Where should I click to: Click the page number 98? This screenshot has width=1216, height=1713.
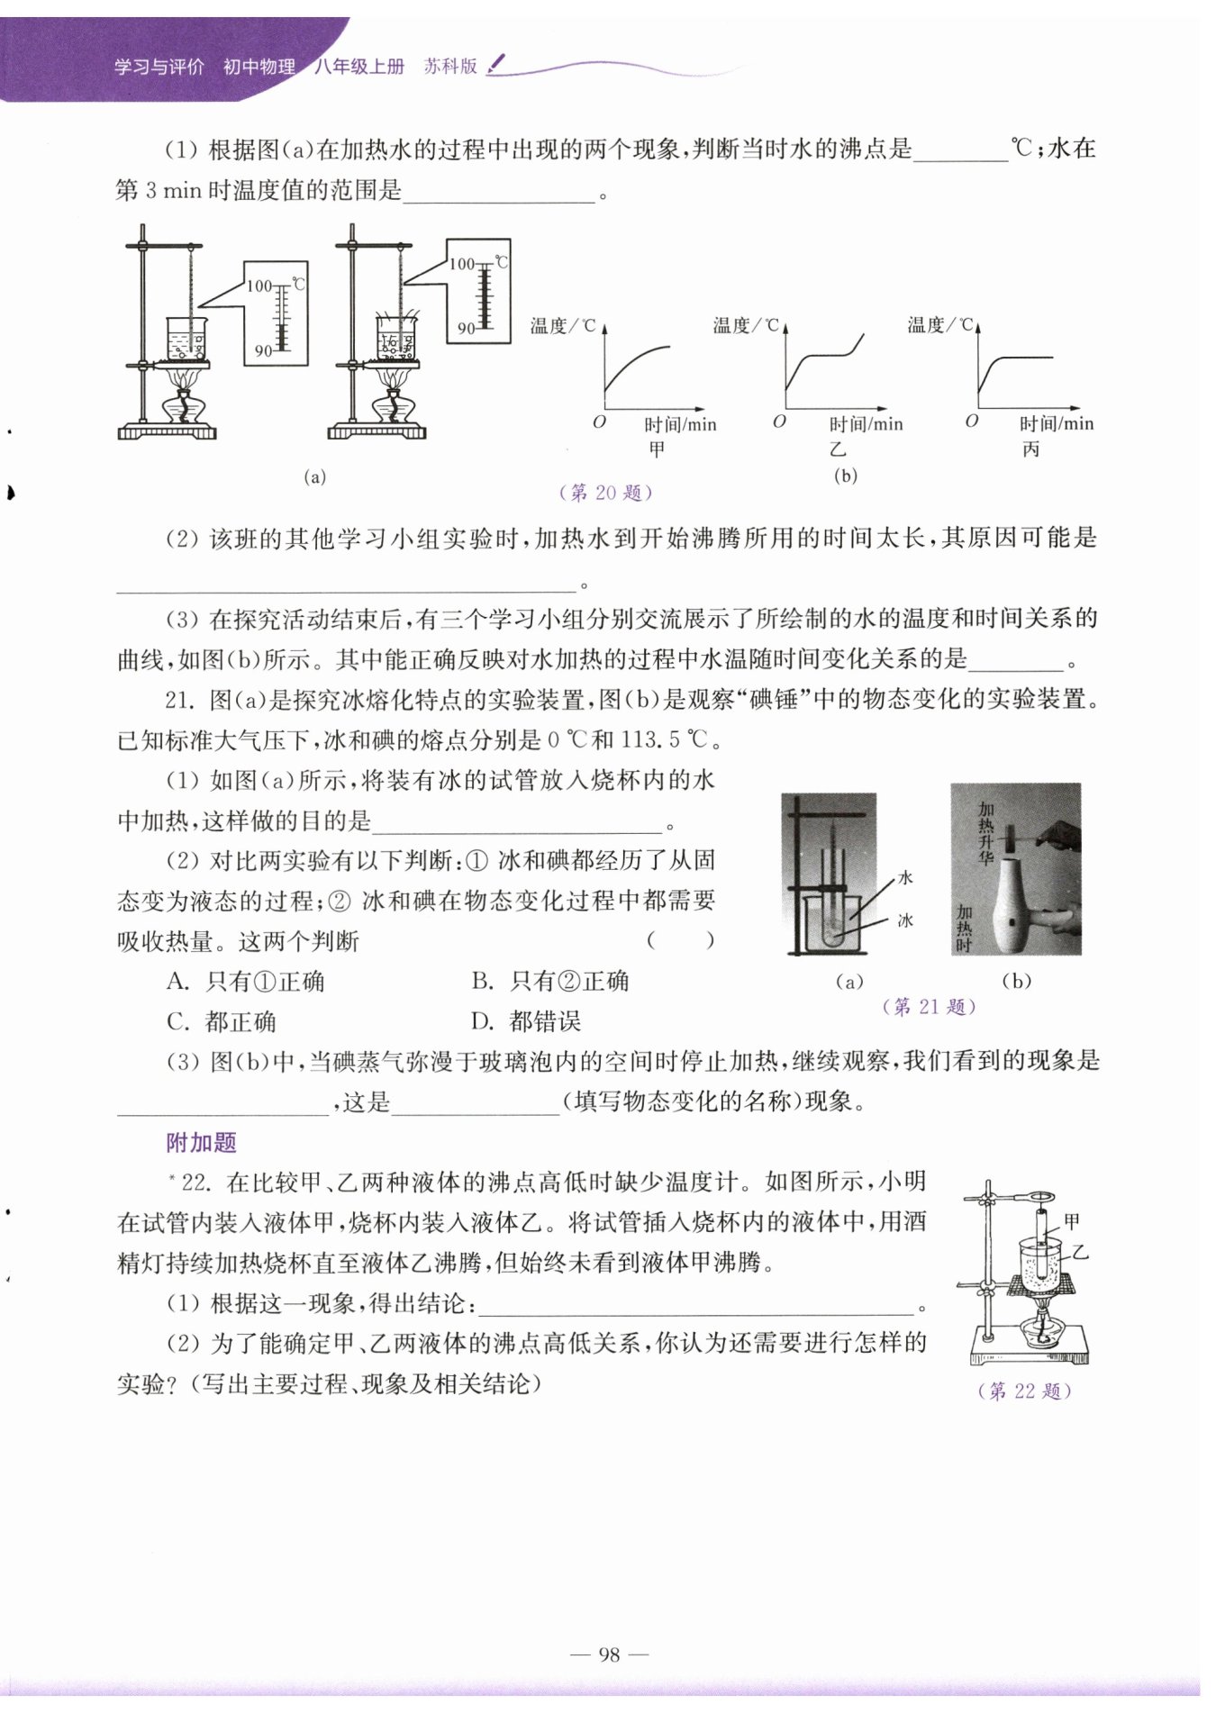(610, 1654)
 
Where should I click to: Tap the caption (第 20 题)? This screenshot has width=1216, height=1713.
(605, 493)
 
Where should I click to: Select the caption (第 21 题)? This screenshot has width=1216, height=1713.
(929, 1007)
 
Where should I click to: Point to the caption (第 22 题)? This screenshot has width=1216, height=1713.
(1024, 1391)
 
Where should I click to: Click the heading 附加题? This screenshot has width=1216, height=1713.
(201, 1143)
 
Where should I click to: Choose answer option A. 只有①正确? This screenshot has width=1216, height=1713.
(245, 982)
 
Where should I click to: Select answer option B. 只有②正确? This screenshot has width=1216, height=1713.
(549, 982)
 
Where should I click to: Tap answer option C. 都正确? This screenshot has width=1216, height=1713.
(222, 1021)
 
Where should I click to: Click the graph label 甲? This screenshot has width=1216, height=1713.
(657, 449)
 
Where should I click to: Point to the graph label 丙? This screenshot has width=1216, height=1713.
(1031, 449)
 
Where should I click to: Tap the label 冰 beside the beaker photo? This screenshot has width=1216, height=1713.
(905, 920)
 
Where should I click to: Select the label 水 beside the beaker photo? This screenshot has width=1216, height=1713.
(905, 878)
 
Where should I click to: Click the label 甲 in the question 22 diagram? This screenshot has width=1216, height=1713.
(1072, 1221)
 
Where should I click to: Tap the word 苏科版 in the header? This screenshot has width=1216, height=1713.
(450, 67)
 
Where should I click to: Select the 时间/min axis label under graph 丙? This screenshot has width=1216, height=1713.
(1057, 424)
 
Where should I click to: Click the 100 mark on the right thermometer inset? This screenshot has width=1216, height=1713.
(462, 264)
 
